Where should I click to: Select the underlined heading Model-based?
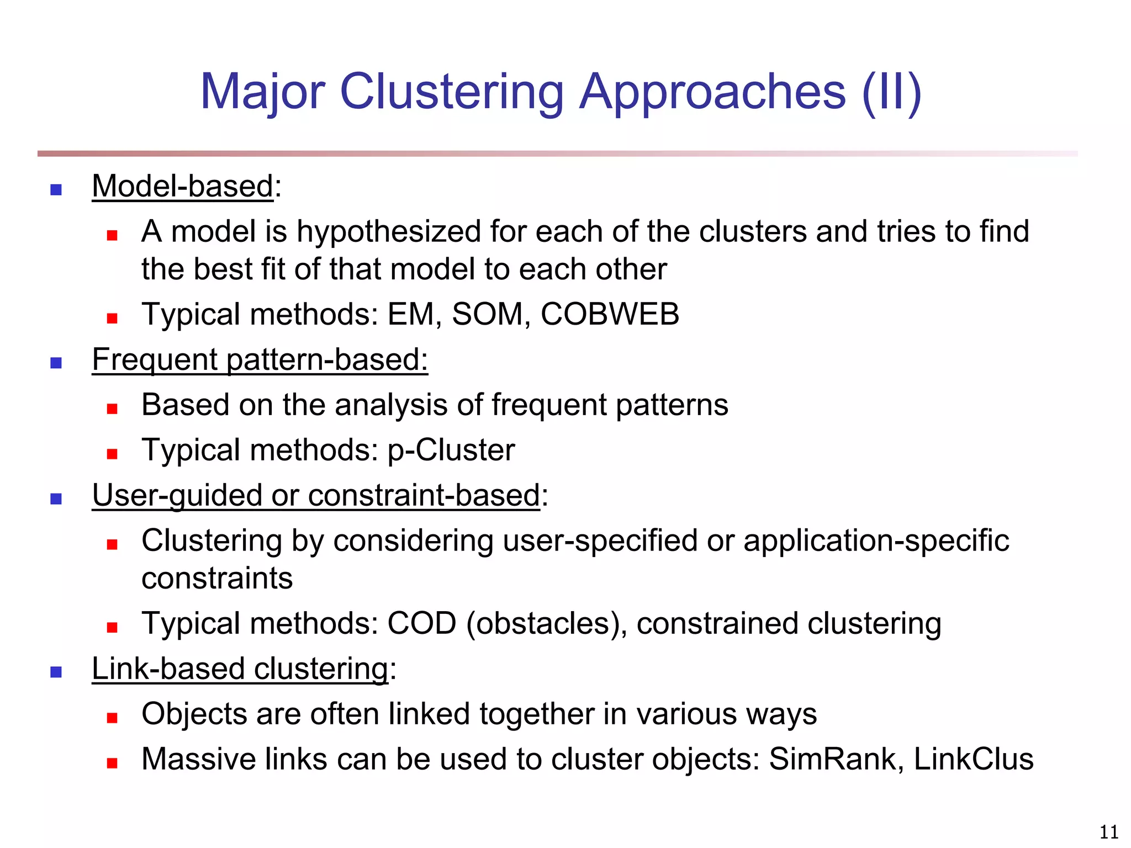click(183, 186)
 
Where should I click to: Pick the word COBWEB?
click(610, 314)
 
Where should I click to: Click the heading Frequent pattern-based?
click(260, 359)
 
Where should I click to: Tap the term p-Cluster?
click(451, 450)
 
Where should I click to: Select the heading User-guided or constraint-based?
click(316, 495)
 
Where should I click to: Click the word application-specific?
click(876, 540)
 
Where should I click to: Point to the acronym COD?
click(422, 623)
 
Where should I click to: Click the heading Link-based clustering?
click(240, 669)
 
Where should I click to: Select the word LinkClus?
click(974, 759)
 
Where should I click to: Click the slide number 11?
click(1109, 832)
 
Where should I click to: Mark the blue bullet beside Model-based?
click(56, 190)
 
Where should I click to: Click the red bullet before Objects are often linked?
click(113, 718)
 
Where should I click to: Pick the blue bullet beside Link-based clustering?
click(56, 672)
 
